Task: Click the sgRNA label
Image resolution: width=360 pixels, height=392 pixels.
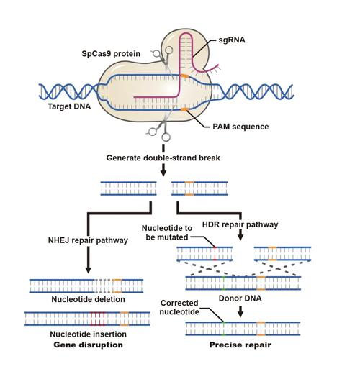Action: (x=232, y=40)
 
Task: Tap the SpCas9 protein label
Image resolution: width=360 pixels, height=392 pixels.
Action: (x=111, y=53)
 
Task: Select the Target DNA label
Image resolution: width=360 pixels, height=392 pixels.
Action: (x=69, y=106)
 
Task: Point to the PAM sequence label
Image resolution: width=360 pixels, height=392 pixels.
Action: (x=240, y=127)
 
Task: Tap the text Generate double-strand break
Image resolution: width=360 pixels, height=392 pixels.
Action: (x=163, y=158)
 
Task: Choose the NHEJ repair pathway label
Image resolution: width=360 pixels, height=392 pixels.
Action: (x=88, y=240)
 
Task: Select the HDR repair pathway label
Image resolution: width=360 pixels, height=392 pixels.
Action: (x=240, y=224)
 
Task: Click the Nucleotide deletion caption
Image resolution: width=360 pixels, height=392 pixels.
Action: (x=89, y=299)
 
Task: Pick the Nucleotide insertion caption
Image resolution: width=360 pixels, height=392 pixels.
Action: (x=89, y=334)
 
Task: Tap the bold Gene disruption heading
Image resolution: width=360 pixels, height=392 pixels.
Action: (x=89, y=345)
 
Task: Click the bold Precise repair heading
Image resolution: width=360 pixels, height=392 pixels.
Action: (x=240, y=345)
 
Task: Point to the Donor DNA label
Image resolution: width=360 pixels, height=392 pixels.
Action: (x=240, y=298)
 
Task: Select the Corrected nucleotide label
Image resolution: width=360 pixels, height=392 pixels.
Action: (x=179, y=307)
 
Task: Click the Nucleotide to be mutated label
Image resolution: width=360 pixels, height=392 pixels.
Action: (x=167, y=232)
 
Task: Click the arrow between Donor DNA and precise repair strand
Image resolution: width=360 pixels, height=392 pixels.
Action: (x=240, y=311)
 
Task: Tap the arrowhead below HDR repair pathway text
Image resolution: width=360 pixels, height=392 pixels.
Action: (x=240, y=237)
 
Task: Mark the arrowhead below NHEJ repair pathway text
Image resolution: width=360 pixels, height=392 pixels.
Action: (x=89, y=270)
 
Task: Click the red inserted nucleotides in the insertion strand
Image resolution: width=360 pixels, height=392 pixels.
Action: (x=98, y=319)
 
